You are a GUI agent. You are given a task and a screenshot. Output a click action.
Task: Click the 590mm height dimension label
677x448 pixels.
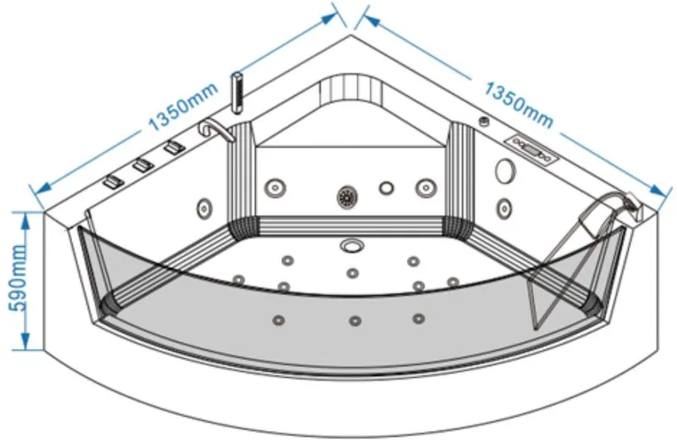tap(17, 278)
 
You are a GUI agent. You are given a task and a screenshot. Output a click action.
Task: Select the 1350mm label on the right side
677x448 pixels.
tap(518, 105)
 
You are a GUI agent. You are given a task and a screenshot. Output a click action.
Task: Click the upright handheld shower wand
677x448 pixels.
tap(237, 93)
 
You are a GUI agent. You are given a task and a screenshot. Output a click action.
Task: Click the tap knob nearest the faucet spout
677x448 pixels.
tap(174, 147)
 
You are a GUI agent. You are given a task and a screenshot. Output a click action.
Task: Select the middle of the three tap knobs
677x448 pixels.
tap(143, 165)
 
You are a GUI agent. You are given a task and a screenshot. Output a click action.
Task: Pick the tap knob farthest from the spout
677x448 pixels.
tap(113, 182)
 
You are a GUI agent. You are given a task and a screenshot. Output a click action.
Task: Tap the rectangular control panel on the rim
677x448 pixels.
tap(532, 149)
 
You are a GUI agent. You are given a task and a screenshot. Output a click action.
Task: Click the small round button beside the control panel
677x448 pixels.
tap(485, 122)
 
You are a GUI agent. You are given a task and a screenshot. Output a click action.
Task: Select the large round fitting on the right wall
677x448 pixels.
tap(505, 171)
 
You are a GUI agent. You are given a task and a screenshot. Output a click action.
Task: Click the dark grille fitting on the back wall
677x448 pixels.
tap(347, 197)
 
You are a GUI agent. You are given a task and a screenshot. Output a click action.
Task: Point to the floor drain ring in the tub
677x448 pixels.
tap(352, 246)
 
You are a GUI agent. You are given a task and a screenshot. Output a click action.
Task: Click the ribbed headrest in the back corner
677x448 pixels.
tap(351, 91)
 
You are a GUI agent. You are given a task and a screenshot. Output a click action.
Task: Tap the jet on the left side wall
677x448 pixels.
tap(204, 209)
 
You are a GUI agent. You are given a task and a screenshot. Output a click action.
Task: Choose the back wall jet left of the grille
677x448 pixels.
tap(275, 188)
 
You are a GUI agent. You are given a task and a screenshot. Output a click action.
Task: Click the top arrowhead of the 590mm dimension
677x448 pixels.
tap(25, 220)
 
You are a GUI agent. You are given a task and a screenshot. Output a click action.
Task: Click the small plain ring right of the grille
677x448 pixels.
tap(387, 188)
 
